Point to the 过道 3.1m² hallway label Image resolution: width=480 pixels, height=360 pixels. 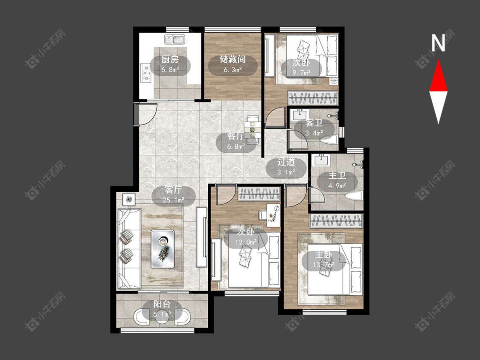point(286,167)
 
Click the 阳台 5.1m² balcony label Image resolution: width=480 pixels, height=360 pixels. point(162,309)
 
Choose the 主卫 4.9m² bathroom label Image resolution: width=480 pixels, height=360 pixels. point(337,180)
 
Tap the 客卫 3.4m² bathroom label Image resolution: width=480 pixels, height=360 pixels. point(314,128)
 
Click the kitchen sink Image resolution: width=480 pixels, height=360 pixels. point(174,40)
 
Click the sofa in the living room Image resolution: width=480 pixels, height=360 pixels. point(129,249)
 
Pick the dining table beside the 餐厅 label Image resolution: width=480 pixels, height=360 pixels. point(253,130)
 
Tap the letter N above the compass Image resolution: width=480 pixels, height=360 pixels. point(438,43)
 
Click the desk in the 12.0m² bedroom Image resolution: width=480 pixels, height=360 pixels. point(273,215)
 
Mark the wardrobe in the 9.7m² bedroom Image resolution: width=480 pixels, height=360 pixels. point(313,98)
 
